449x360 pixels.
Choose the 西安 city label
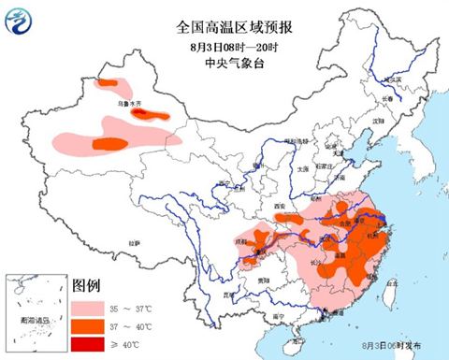(x=276, y=205)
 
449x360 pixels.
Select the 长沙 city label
(x=316, y=262)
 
